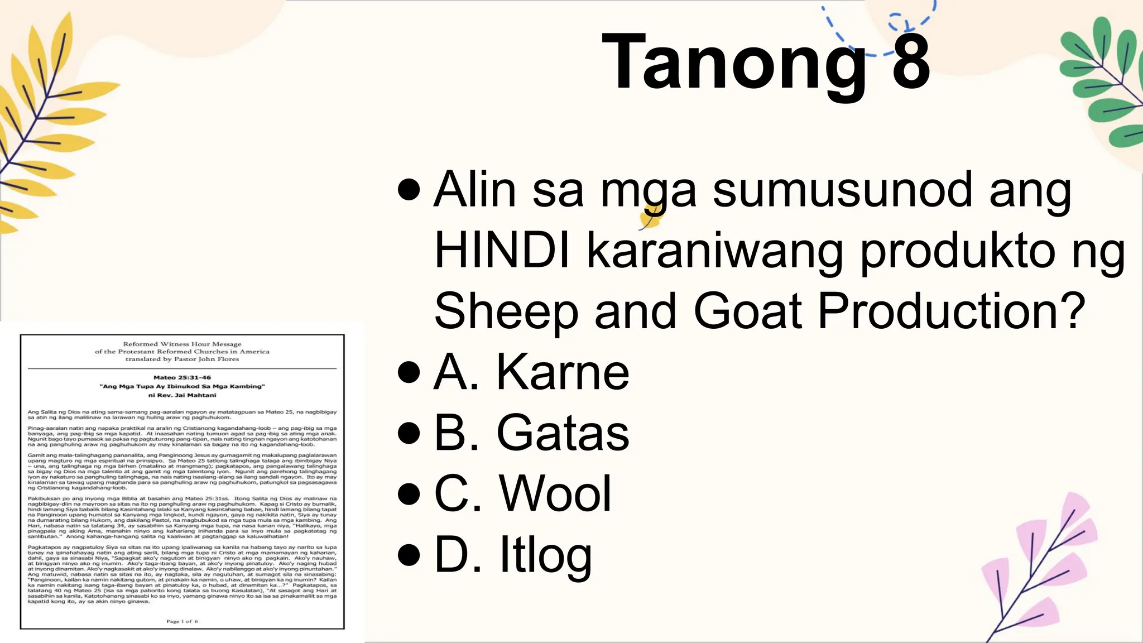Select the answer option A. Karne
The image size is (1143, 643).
point(531,372)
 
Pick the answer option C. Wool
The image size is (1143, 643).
point(522,493)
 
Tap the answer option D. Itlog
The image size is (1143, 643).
point(512,555)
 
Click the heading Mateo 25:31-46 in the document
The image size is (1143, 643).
point(182,377)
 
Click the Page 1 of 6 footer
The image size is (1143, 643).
point(182,621)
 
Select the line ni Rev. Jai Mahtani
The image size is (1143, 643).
point(182,395)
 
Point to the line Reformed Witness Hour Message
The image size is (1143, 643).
point(182,344)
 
